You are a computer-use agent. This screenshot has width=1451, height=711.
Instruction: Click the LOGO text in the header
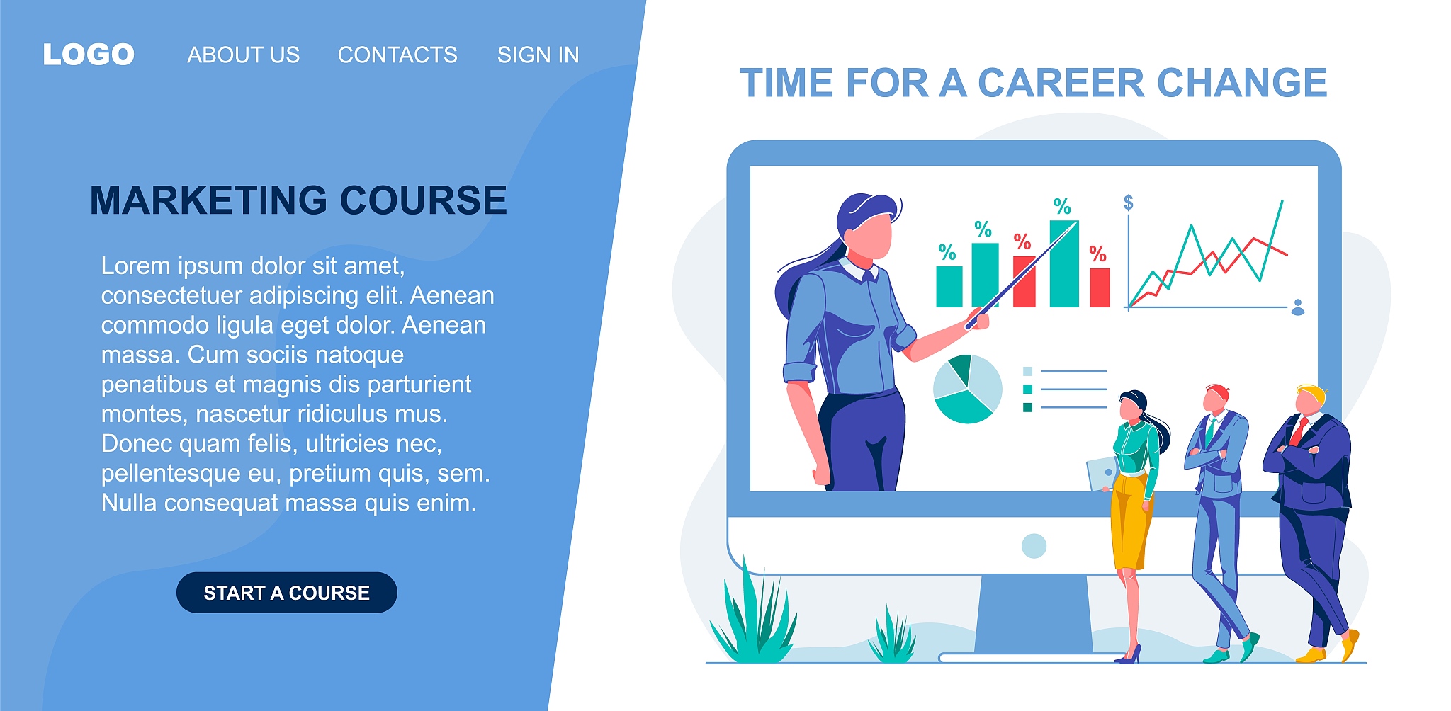89,55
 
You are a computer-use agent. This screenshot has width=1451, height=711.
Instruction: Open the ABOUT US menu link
243,55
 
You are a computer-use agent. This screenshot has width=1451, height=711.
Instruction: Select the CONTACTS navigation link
397,55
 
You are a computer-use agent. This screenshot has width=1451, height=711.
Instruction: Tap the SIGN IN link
538,55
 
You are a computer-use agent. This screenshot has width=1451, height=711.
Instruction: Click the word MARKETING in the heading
208,200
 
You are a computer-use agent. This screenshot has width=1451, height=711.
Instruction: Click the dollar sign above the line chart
1129,203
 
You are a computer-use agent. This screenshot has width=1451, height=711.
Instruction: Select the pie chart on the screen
967,389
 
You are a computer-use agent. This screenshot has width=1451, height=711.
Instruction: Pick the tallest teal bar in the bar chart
1063,263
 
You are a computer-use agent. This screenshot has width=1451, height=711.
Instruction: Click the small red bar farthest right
1100,288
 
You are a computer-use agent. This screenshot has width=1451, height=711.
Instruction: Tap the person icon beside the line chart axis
1298,307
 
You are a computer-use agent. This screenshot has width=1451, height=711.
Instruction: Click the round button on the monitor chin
1034,546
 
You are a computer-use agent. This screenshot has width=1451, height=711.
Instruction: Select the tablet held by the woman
1102,473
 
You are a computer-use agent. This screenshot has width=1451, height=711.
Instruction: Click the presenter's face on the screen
871,236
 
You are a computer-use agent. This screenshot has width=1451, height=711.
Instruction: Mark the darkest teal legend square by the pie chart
1027,407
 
